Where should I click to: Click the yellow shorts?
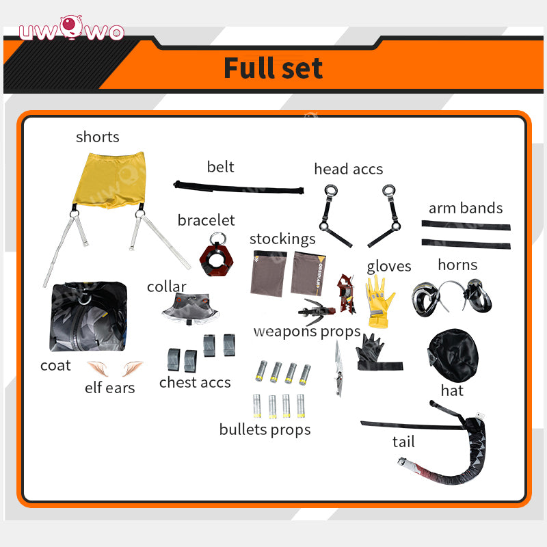point(110,180)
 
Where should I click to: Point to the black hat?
point(453,355)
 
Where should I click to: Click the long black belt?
point(239,187)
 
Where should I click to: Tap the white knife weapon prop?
point(338,368)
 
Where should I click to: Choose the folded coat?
point(88,317)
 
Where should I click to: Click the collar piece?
point(190,309)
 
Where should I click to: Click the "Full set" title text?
point(273,68)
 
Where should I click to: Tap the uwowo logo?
point(72,29)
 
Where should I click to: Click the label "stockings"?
point(282,239)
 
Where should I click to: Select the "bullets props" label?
point(265,430)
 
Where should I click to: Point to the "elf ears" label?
point(109,388)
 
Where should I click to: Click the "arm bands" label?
point(466,208)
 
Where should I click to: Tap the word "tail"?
point(403,442)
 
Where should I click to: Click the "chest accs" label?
point(195,382)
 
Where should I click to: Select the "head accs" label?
point(349,169)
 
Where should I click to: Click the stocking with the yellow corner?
point(308,273)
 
